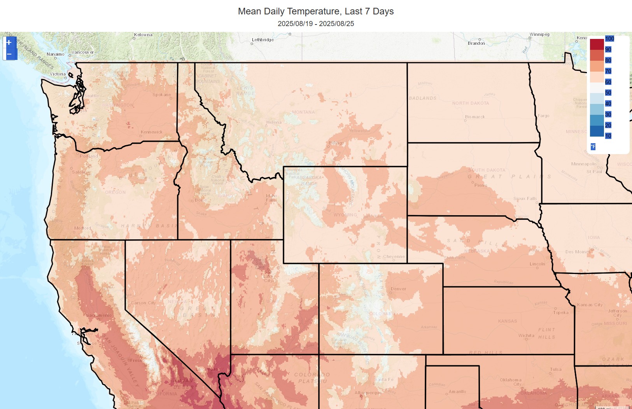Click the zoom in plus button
pyautogui.click(x=9, y=42)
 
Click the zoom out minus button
pyautogui.click(x=9, y=54)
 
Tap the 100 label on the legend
pyautogui.click(x=609, y=39)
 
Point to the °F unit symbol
pyautogui.click(x=593, y=147)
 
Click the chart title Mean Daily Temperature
pyautogui.click(x=315, y=11)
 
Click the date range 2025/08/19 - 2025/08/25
pyautogui.click(x=315, y=24)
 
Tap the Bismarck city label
pyautogui.click(x=475, y=117)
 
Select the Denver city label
pyautogui.click(x=398, y=289)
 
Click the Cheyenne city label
pyautogui.click(x=394, y=256)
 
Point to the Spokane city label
pyautogui.click(x=161, y=95)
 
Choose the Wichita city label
pyautogui.click(x=526, y=335)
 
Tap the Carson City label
pyautogui.click(x=143, y=303)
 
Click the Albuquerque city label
pyautogui.click(x=368, y=393)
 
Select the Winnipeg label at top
pyautogui.click(x=539, y=34)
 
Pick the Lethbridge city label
pyautogui.click(x=263, y=40)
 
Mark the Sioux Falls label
pyautogui.click(x=525, y=198)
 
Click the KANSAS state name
pyautogui.click(x=508, y=321)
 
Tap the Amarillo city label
pyautogui.click(x=457, y=391)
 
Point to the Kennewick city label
pyautogui.click(x=151, y=132)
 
